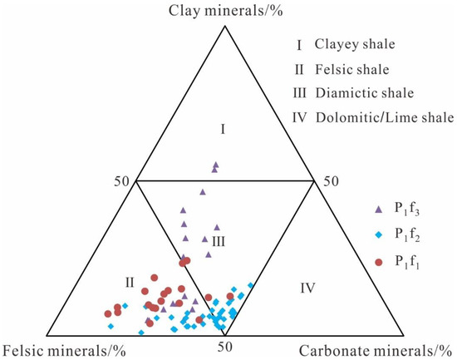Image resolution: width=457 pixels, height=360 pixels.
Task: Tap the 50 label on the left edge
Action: click(123, 180)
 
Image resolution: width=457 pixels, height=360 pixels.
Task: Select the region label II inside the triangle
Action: click(130, 283)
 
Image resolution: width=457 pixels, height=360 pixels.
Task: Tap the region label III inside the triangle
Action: click(218, 241)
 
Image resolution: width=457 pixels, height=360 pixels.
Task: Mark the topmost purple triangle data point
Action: click(216, 165)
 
